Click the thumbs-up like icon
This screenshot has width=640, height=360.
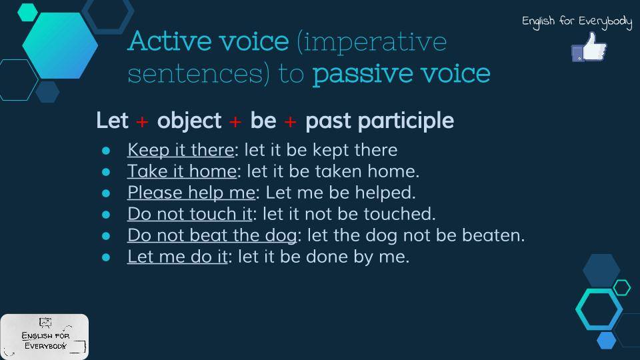(589, 47)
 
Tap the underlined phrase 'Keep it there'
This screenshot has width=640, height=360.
(181, 150)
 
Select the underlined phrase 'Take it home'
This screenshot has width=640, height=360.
(182, 171)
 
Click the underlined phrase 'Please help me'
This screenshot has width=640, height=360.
(191, 193)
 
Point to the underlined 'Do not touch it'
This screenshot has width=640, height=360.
(190, 214)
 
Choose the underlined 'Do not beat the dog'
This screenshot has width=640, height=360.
(212, 235)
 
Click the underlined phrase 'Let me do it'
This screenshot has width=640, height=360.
(177, 257)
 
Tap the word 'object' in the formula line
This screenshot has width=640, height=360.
(189, 121)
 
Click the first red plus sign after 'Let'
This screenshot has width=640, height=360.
(142, 121)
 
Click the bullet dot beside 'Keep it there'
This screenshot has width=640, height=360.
(106, 151)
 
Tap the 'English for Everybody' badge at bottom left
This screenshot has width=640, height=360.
(45, 337)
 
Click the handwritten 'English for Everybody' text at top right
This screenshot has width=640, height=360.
(577, 21)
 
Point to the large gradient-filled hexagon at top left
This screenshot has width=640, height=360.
(60, 45)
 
